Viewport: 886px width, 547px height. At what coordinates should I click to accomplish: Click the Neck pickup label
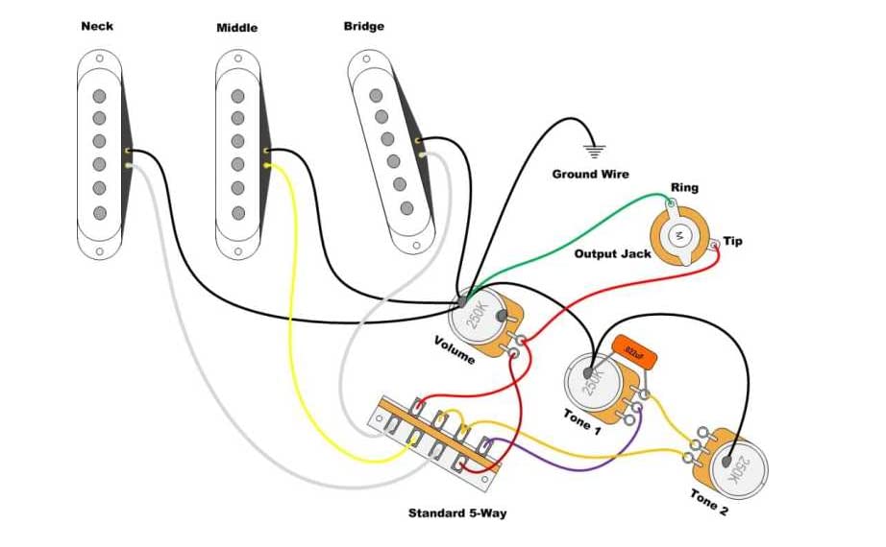click(96, 26)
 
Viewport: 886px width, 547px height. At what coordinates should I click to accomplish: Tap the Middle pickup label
click(236, 28)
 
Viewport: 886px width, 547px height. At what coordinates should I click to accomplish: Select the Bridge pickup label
click(365, 26)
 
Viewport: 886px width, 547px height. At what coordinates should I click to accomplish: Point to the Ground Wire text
click(590, 174)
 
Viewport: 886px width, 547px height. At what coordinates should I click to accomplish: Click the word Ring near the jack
click(684, 188)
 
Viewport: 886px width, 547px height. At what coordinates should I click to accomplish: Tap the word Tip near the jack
click(732, 241)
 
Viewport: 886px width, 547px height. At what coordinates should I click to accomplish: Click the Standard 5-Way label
click(457, 512)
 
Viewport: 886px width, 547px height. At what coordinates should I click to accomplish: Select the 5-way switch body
click(437, 437)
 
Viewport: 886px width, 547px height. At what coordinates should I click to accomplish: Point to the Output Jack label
click(612, 253)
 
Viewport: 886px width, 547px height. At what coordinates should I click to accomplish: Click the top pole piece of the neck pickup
click(99, 95)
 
